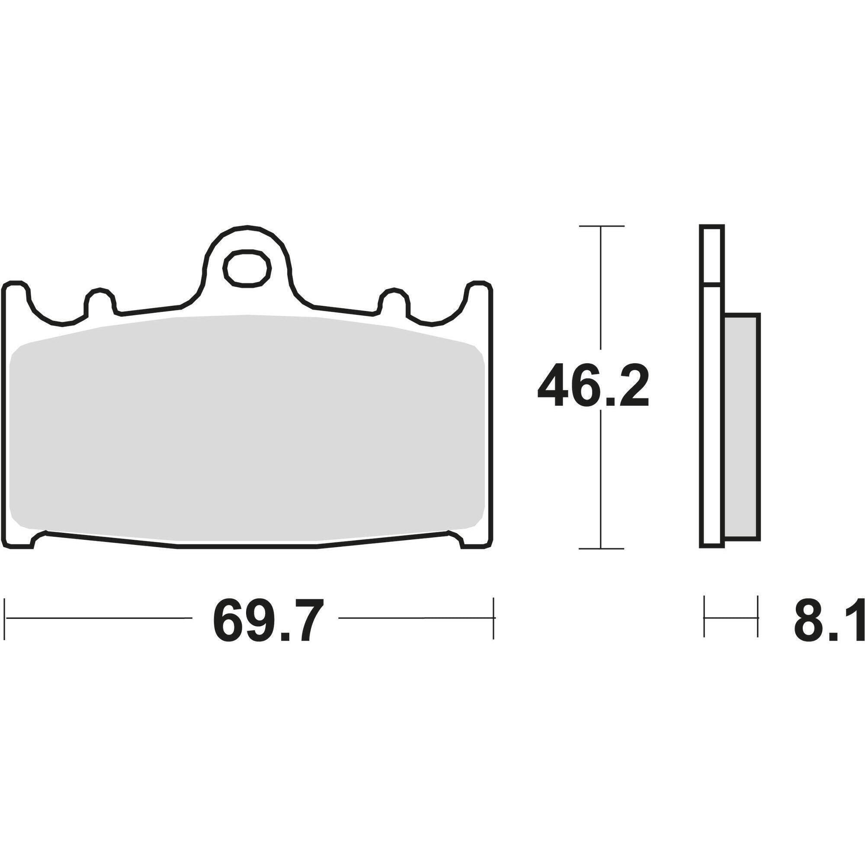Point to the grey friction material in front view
point(246,425)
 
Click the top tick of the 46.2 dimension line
point(601,226)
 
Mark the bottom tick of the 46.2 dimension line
point(601,548)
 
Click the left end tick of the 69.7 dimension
point(5,618)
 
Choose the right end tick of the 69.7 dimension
point(493,618)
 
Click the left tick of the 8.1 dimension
point(704,618)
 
